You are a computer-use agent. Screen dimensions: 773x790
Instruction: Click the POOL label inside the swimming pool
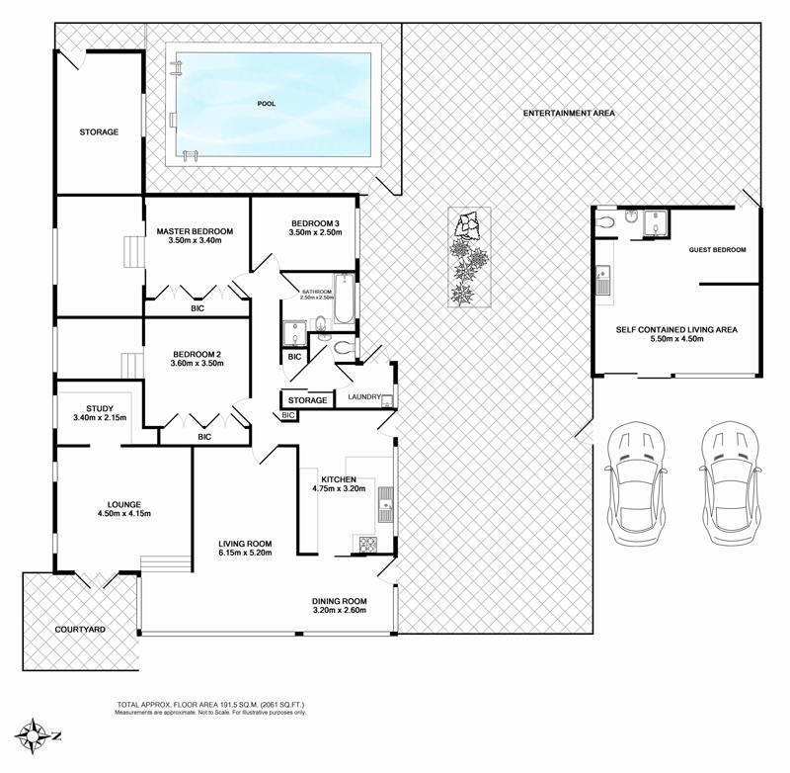point(266,103)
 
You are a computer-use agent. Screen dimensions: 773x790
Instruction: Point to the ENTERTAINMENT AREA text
point(569,114)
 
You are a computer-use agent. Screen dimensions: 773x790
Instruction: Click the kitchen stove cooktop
point(368,542)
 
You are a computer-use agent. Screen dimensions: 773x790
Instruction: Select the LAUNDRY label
point(365,396)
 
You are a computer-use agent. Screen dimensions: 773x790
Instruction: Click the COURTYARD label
point(80,629)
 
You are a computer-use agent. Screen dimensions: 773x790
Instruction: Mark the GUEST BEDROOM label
point(717,250)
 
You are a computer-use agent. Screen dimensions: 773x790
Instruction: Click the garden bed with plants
point(469,257)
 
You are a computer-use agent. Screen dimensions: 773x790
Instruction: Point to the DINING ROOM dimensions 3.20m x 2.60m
point(339,611)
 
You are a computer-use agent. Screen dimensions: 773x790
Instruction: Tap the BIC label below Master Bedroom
point(197,308)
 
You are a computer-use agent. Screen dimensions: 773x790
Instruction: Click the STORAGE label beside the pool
point(99,131)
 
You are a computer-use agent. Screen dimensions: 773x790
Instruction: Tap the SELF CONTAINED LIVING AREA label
point(676,329)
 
